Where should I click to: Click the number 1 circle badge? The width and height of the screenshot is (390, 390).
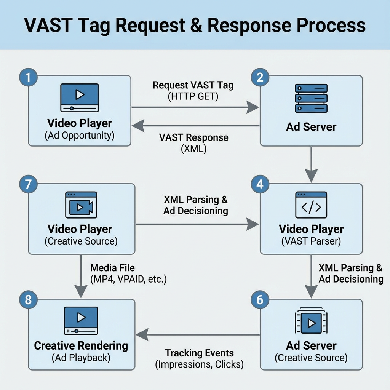point(27,77)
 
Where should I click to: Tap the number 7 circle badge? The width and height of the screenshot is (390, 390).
point(27,185)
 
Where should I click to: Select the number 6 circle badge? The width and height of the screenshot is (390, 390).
point(260,299)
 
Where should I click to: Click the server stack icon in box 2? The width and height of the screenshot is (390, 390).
point(311,98)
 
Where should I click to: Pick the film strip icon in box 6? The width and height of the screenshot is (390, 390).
point(311,322)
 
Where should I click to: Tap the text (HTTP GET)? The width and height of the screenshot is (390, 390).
point(193,97)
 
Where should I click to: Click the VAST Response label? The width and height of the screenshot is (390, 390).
point(193,137)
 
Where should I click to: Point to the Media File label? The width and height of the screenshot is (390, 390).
point(112,268)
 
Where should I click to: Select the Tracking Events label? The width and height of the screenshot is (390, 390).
point(199,353)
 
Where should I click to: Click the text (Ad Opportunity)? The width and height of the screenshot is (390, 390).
point(80,135)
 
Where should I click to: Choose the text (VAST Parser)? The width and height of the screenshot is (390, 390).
point(311,241)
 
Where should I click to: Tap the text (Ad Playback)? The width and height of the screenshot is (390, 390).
point(81,358)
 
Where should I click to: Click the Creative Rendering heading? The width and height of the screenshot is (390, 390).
point(81,346)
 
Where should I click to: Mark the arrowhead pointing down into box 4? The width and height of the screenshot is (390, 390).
point(311,177)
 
